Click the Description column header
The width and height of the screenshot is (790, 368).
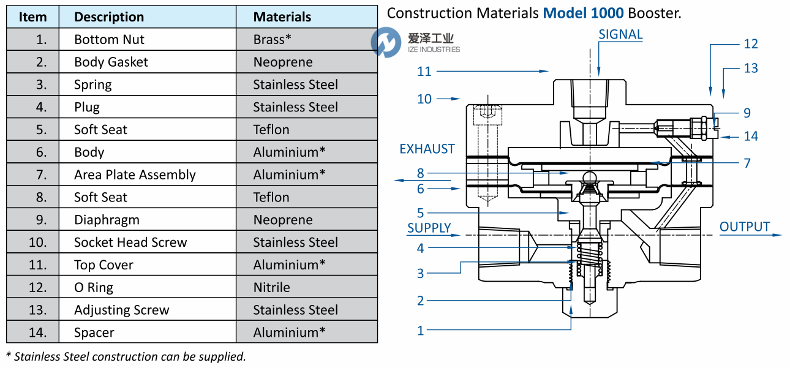click(x=109, y=17)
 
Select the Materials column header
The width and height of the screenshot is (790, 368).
click(x=282, y=17)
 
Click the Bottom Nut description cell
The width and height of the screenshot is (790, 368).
click(x=109, y=40)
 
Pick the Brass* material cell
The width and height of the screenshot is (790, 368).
click(x=273, y=40)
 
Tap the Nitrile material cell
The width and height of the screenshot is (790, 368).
click(x=272, y=287)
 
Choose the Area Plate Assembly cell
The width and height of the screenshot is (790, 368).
click(x=135, y=175)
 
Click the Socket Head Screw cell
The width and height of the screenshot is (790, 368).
click(x=130, y=242)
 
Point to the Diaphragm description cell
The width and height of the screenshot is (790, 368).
click(x=107, y=220)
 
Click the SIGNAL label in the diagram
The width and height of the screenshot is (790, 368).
click(x=620, y=35)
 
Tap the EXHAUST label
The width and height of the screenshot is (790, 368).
click(x=427, y=149)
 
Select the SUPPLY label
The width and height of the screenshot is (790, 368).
click(x=429, y=228)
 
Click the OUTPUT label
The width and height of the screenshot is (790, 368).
click(x=744, y=227)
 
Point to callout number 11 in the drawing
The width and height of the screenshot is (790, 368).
click(x=424, y=72)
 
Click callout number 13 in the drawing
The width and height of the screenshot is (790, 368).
click(x=751, y=68)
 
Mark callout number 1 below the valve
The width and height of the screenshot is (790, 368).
click(x=421, y=331)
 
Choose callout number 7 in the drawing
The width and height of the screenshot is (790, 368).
click(x=747, y=163)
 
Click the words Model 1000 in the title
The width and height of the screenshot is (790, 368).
click(x=582, y=13)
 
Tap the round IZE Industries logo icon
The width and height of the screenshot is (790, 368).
click(x=385, y=43)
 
